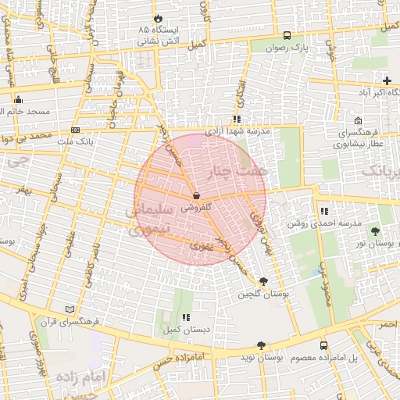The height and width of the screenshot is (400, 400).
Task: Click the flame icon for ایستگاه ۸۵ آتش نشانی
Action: (x=159, y=17)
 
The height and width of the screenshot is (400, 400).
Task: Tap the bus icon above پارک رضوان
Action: (x=287, y=35)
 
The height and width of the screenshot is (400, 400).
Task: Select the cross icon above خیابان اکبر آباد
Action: (x=387, y=80)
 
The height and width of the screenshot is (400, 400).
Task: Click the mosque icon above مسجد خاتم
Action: (x=18, y=99)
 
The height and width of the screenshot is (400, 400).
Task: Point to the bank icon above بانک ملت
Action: (x=75, y=130)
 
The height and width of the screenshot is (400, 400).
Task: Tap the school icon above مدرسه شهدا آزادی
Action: (x=236, y=120)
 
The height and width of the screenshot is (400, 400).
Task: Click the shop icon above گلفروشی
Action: (x=195, y=196)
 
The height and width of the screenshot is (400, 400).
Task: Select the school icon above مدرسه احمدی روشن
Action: (x=324, y=211)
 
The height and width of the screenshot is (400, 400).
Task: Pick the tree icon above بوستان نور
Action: (x=376, y=231)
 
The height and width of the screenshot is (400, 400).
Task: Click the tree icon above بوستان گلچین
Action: (x=263, y=281)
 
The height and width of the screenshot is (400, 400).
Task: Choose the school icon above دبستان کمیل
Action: (x=186, y=317)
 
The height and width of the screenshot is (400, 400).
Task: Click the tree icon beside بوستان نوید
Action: (x=260, y=345)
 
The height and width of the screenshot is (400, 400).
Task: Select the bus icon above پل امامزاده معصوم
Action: (x=323, y=345)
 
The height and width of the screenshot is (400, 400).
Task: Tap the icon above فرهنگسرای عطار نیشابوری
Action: (x=358, y=121)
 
